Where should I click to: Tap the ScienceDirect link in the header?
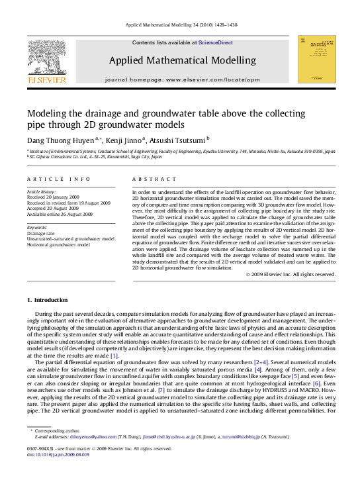[x=216, y=42]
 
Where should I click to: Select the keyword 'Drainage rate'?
[x=42, y=234]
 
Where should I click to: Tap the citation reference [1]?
[x=114, y=356]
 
